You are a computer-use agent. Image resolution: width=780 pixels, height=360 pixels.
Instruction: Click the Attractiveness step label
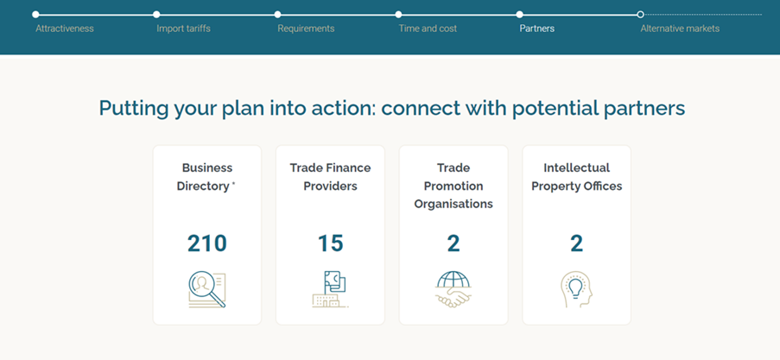[x=65, y=28]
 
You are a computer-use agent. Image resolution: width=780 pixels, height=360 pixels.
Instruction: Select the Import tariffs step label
[x=184, y=28]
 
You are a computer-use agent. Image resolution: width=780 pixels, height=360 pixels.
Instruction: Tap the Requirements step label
[x=306, y=28]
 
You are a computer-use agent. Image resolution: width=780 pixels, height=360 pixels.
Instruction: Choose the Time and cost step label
[x=428, y=28]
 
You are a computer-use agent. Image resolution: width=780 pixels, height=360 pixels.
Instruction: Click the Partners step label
[x=536, y=28]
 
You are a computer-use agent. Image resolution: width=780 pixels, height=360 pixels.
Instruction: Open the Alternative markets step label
[x=680, y=28]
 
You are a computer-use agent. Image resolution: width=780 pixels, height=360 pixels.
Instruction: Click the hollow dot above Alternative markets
[x=641, y=15]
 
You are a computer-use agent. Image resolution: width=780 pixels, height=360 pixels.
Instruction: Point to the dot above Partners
[x=519, y=15]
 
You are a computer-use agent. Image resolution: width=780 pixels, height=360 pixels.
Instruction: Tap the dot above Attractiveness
[x=35, y=15]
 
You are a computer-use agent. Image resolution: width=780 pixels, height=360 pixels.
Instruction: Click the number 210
[x=207, y=243]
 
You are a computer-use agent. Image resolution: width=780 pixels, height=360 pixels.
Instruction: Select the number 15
[x=330, y=243]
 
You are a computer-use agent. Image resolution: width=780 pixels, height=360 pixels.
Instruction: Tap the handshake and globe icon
[x=453, y=289]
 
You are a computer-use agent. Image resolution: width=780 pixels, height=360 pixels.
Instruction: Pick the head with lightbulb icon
[x=576, y=289]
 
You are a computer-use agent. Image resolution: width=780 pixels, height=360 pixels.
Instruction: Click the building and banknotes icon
[x=330, y=289]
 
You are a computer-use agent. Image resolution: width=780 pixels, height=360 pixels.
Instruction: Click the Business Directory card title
[x=206, y=177]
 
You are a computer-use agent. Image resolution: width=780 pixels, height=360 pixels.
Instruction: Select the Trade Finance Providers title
[x=330, y=177]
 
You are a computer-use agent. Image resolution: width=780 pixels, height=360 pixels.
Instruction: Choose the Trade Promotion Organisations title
[x=453, y=186]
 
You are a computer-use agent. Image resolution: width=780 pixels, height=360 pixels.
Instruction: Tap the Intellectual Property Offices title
[x=576, y=177]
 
